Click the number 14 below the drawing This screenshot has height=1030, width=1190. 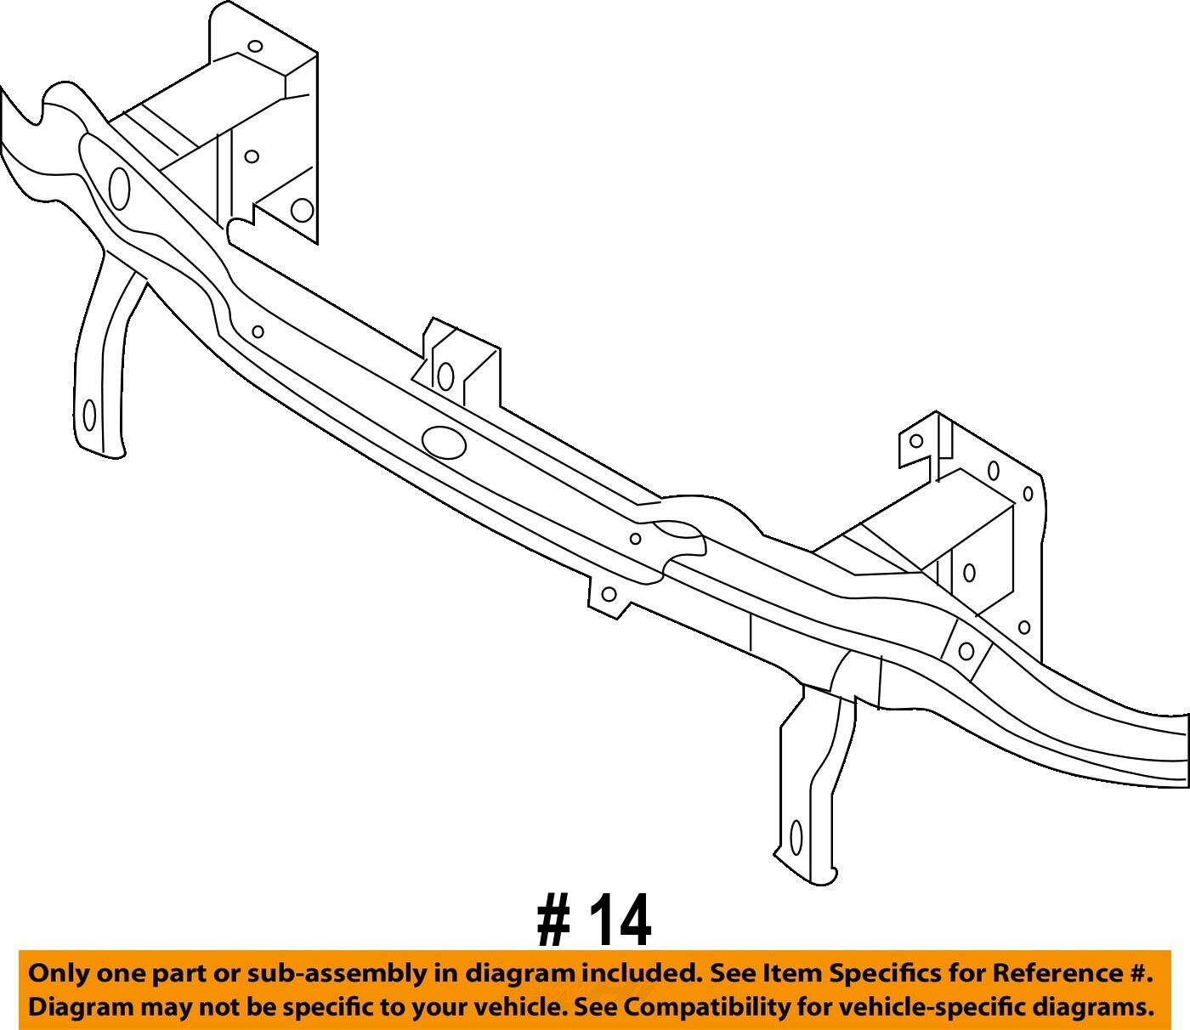click(621, 920)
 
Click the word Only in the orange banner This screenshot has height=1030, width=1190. click(59, 974)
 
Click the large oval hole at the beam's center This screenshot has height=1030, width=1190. click(444, 442)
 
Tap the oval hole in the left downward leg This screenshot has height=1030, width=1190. click(89, 415)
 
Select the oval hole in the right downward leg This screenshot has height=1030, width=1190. click(796, 837)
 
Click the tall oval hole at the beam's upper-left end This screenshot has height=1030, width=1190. click(120, 188)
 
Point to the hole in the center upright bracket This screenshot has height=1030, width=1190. click(445, 376)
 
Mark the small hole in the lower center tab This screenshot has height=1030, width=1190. click(609, 594)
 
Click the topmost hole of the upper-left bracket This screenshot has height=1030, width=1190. click(255, 47)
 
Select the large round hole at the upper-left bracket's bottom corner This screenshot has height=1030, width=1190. click(302, 209)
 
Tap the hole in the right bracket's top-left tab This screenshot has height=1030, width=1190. click(916, 441)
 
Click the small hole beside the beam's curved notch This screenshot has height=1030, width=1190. click(635, 539)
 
